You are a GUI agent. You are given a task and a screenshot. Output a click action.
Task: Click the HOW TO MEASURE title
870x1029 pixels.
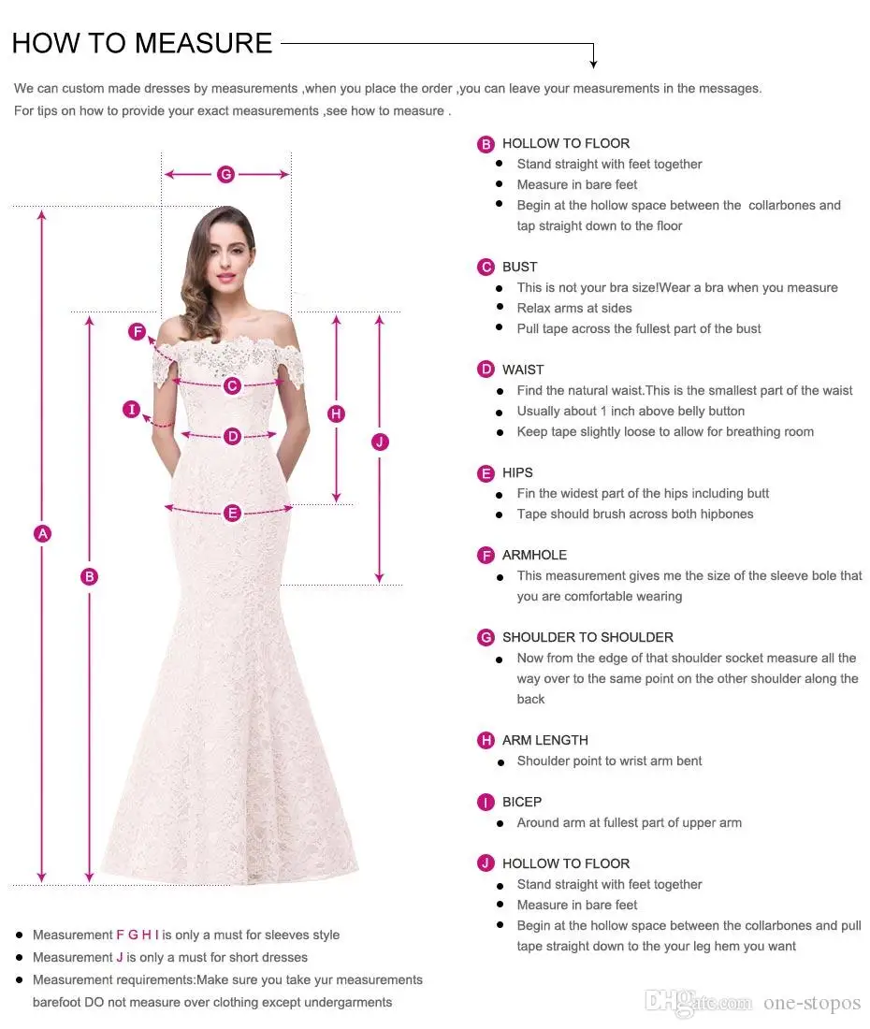click(x=142, y=43)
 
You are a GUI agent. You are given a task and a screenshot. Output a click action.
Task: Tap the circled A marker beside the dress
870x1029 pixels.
click(x=42, y=534)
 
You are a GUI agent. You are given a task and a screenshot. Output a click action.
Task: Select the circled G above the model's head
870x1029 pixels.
click(x=225, y=174)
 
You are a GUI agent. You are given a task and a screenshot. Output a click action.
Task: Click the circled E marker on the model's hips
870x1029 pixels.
click(x=232, y=513)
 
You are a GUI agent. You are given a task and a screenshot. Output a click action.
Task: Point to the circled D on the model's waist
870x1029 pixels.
click(x=232, y=436)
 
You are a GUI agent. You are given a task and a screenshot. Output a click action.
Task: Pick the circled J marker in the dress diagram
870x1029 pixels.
click(x=380, y=442)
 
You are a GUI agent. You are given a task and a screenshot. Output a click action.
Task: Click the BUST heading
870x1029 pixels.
click(x=520, y=267)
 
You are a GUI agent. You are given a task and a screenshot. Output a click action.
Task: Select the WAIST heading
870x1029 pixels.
click(x=523, y=370)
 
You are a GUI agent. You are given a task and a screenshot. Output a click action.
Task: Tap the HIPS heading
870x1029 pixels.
click(x=517, y=472)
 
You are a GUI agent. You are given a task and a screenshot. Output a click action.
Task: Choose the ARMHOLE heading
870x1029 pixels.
click(x=534, y=555)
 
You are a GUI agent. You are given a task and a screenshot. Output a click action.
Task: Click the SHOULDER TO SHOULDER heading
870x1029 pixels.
click(x=587, y=637)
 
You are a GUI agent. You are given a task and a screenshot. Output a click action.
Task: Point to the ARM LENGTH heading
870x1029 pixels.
click(x=545, y=740)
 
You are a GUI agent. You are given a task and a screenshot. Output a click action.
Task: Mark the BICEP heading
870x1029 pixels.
click(x=522, y=802)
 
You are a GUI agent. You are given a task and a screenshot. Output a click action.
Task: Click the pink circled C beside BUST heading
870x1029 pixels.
click(x=486, y=268)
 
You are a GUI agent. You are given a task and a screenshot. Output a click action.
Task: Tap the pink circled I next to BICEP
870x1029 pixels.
click(x=486, y=803)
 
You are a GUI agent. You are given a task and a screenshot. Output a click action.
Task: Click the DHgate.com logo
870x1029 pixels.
click(x=699, y=1002)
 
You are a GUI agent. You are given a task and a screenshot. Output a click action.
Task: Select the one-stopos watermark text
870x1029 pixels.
click(x=811, y=1003)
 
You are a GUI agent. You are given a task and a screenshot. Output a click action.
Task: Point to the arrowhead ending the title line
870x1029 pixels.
click(x=593, y=64)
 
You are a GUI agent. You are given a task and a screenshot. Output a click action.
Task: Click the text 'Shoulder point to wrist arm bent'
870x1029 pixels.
click(x=609, y=761)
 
